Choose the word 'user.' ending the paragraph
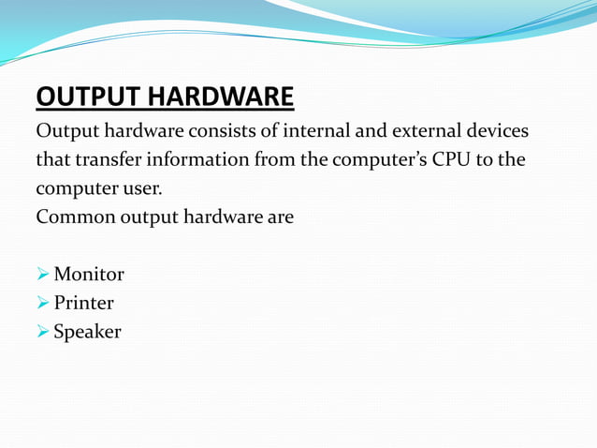142,187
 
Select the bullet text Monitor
89,275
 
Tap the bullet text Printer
83,304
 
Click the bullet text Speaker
87,332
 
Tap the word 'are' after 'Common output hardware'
280,217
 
